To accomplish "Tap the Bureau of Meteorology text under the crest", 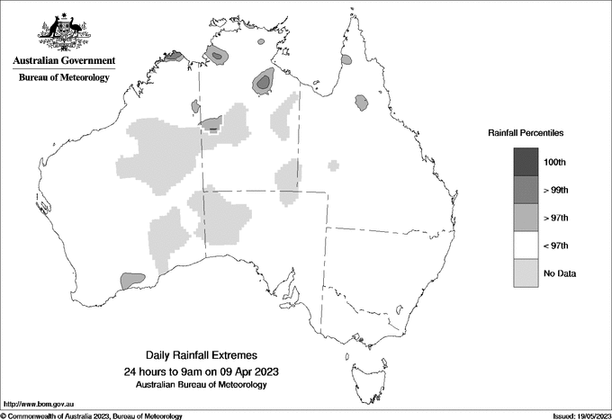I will (x=64, y=78).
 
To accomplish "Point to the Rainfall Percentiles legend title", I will (x=526, y=133).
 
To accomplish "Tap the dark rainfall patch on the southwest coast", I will (x=131, y=281).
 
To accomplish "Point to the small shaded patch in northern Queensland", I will (x=362, y=102).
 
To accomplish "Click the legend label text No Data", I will (x=559, y=273).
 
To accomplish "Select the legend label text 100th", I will (x=554, y=162).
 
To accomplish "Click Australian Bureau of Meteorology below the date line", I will (x=201, y=385).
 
